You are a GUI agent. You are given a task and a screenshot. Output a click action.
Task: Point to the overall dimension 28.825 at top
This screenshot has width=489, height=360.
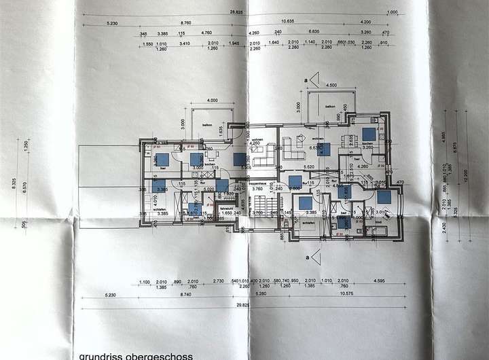point(236,12)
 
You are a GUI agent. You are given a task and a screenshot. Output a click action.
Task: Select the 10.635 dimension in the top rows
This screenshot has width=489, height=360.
point(306,20)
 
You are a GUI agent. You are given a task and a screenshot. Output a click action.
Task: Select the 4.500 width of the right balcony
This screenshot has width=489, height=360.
point(331,85)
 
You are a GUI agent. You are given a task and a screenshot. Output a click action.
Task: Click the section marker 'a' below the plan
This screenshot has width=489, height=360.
point(307,257)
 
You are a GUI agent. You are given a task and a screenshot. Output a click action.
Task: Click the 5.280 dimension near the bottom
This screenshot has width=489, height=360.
point(261,295)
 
